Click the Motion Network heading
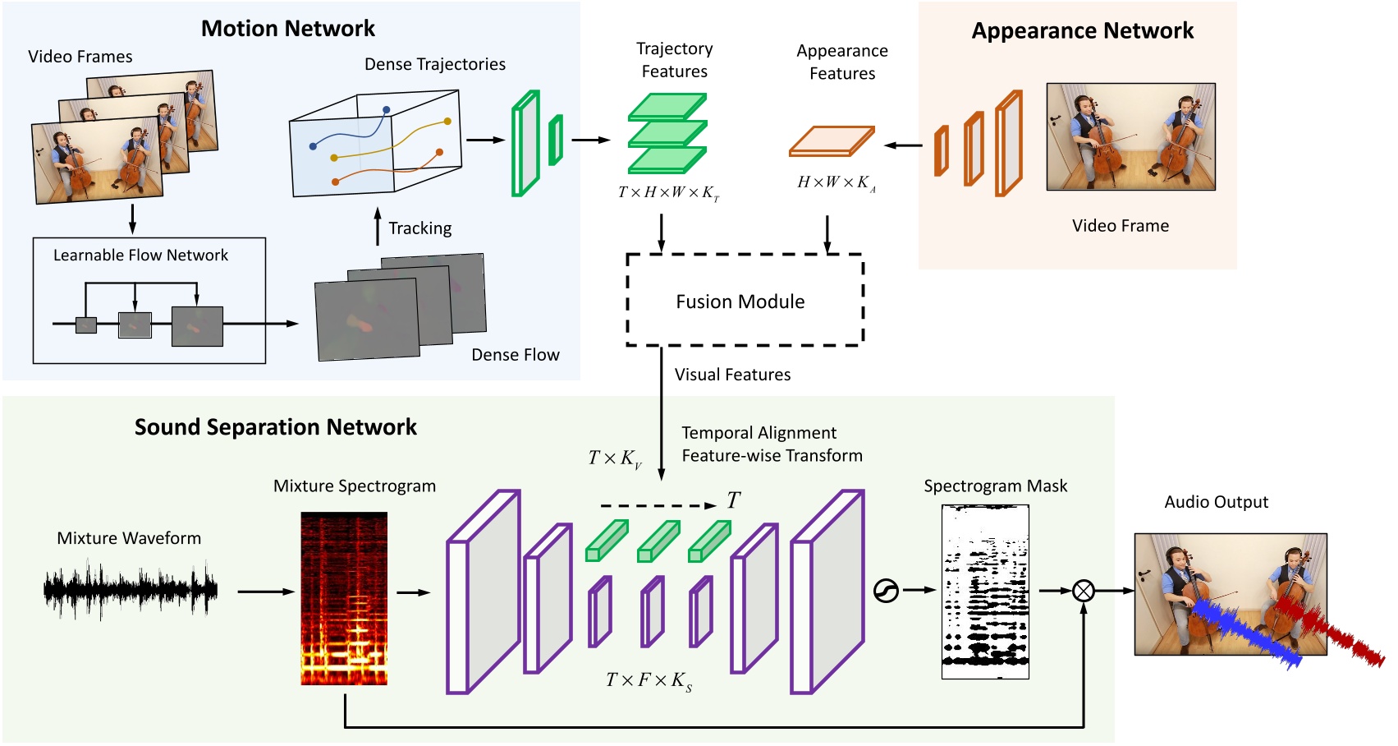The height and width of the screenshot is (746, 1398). pyautogui.click(x=288, y=29)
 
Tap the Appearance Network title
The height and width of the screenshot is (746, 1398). pyautogui.click(x=1082, y=31)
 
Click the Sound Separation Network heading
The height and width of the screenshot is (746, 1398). pyautogui.click(x=276, y=427)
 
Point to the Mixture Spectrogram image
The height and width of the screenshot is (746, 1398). pyautogui.click(x=344, y=598)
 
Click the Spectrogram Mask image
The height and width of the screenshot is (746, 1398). pyautogui.click(x=985, y=592)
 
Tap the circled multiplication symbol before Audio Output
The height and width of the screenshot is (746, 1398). pyautogui.click(x=1084, y=590)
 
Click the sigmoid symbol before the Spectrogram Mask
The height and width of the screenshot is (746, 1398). pyautogui.click(x=886, y=590)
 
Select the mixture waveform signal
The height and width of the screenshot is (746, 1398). pyautogui.click(x=130, y=589)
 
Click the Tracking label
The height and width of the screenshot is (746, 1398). pyautogui.click(x=419, y=228)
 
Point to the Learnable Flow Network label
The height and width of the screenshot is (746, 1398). pyautogui.click(x=140, y=256)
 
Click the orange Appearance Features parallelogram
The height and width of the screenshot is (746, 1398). pyautogui.click(x=831, y=141)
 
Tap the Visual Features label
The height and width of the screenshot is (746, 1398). pyautogui.click(x=732, y=375)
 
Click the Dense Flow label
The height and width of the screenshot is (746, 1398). pyautogui.click(x=516, y=355)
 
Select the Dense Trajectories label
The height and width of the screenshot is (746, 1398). pyautogui.click(x=435, y=64)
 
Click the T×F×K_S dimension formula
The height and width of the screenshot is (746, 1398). pyautogui.click(x=649, y=680)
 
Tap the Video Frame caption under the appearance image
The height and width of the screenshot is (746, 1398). pyautogui.click(x=1120, y=226)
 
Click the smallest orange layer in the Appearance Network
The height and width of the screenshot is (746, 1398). pyautogui.click(x=942, y=150)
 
